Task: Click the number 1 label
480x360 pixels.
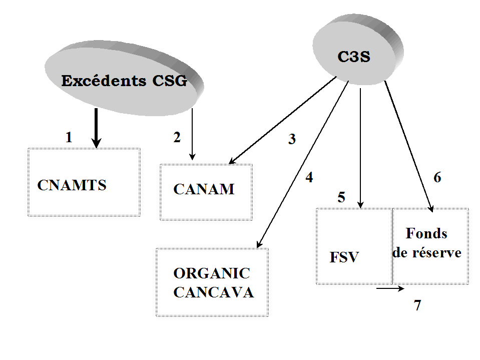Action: (x=69, y=137)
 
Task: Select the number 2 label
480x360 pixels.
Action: (x=177, y=138)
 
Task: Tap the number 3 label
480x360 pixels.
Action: (x=292, y=140)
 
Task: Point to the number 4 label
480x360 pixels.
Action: (x=309, y=177)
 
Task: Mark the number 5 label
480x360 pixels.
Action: (x=341, y=197)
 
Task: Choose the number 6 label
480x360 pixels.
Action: (x=437, y=178)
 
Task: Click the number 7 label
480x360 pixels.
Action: (x=417, y=305)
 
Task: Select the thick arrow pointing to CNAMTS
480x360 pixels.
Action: (x=97, y=128)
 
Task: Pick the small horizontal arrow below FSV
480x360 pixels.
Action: (x=390, y=288)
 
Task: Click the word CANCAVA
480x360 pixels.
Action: (x=213, y=292)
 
